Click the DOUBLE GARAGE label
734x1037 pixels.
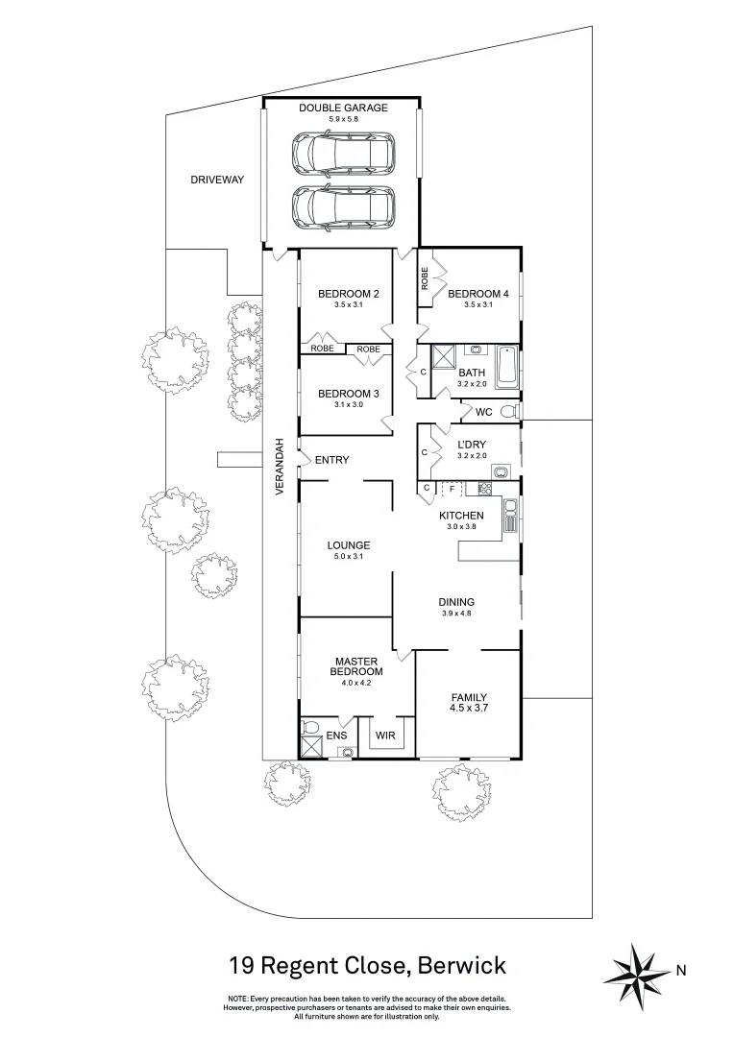pyautogui.click(x=343, y=108)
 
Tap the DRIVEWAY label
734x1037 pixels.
pyautogui.click(x=217, y=180)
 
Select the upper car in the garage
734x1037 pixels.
pyautogui.click(x=343, y=151)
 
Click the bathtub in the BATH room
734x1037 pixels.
pyautogui.click(x=508, y=370)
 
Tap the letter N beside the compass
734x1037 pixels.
pyautogui.click(x=681, y=971)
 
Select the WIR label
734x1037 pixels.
pyautogui.click(x=385, y=735)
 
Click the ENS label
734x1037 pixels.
pyautogui.click(x=335, y=735)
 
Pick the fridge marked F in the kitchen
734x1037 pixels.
pyautogui.click(x=452, y=489)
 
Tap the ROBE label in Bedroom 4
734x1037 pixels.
pyautogui.click(x=425, y=277)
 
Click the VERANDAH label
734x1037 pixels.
pyautogui.click(x=281, y=468)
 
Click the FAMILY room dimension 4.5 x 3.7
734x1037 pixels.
pyautogui.click(x=470, y=710)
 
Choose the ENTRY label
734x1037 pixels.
pyautogui.click(x=331, y=460)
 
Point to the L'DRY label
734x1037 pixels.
pyautogui.click(x=471, y=445)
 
